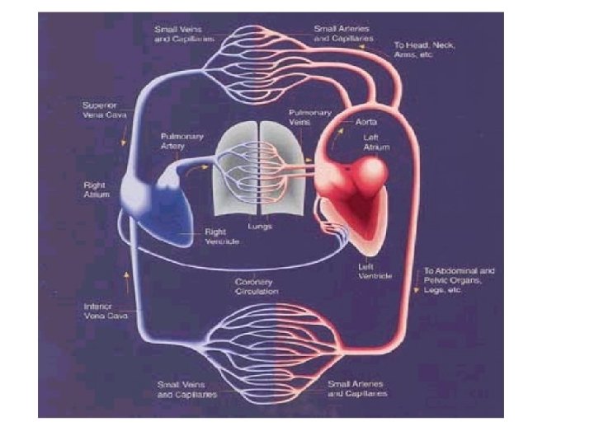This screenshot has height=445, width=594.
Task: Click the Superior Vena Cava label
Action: click(103, 110)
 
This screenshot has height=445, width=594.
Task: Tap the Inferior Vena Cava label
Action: click(104, 311)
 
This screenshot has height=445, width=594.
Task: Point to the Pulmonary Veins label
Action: click(310, 117)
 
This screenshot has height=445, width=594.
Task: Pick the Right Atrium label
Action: click(97, 191)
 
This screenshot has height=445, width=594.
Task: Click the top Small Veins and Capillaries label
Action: click(184, 34)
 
